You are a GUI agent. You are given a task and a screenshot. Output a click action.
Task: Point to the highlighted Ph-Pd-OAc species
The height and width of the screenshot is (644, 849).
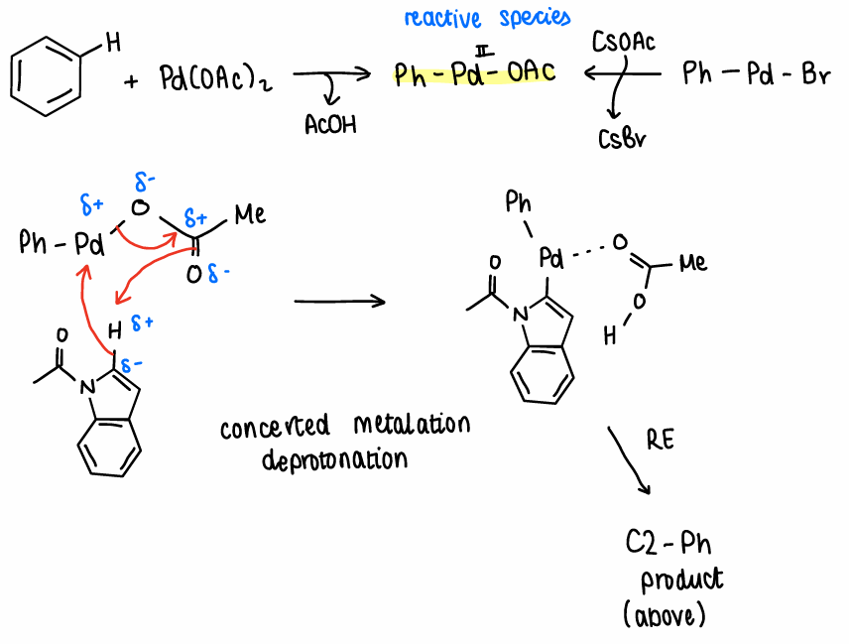[x=474, y=74]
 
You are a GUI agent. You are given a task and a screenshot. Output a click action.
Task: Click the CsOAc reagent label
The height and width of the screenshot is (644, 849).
[x=622, y=44]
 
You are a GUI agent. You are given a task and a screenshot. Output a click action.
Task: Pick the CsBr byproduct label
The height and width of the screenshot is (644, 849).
[x=622, y=139]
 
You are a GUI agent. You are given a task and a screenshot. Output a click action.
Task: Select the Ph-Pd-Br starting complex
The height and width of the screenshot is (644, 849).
[x=757, y=74]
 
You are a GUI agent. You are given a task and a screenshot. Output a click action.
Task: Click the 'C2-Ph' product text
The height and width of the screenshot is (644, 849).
[x=668, y=544]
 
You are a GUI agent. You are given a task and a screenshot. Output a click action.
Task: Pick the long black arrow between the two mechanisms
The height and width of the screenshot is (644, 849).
[x=339, y=301]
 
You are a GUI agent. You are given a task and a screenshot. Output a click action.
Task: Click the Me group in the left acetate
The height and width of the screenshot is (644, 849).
[x=250, y=214]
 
